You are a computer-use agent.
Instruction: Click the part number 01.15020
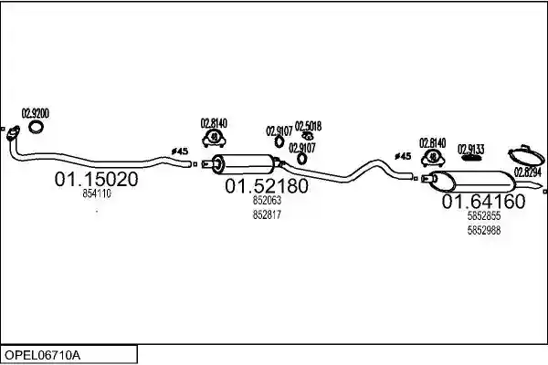[x=97, y=179]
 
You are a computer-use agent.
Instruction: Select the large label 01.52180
[x=267, y=186]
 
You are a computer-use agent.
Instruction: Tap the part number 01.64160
[x=484, y=202]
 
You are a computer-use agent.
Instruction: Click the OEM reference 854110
[x=97, y=193]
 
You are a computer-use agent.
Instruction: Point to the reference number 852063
[x=267, y=201]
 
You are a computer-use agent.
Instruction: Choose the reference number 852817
[x=267, y=214]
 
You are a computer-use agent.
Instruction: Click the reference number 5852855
[x=484, y=216]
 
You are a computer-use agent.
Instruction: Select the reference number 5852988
[x=484, y=231]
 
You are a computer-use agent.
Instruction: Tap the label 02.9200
[x=36, y=113]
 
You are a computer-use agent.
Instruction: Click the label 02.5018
[x=309, y=126]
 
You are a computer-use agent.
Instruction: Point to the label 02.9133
[x=471, y=150]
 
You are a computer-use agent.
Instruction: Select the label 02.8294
[x=528, y=172]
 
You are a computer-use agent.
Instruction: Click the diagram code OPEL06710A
[x=42, y=356]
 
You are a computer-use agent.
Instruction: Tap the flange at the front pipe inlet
[x=14, y=133]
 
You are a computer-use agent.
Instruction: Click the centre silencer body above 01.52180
[x=244, y=164]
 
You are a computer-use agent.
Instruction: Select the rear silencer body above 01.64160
[x=472, y=182]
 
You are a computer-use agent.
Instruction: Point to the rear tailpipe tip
[x=541, y=185]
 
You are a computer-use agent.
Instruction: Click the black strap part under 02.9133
[x=471, y=158]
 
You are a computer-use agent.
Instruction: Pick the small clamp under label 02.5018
[x=308, y=136]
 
